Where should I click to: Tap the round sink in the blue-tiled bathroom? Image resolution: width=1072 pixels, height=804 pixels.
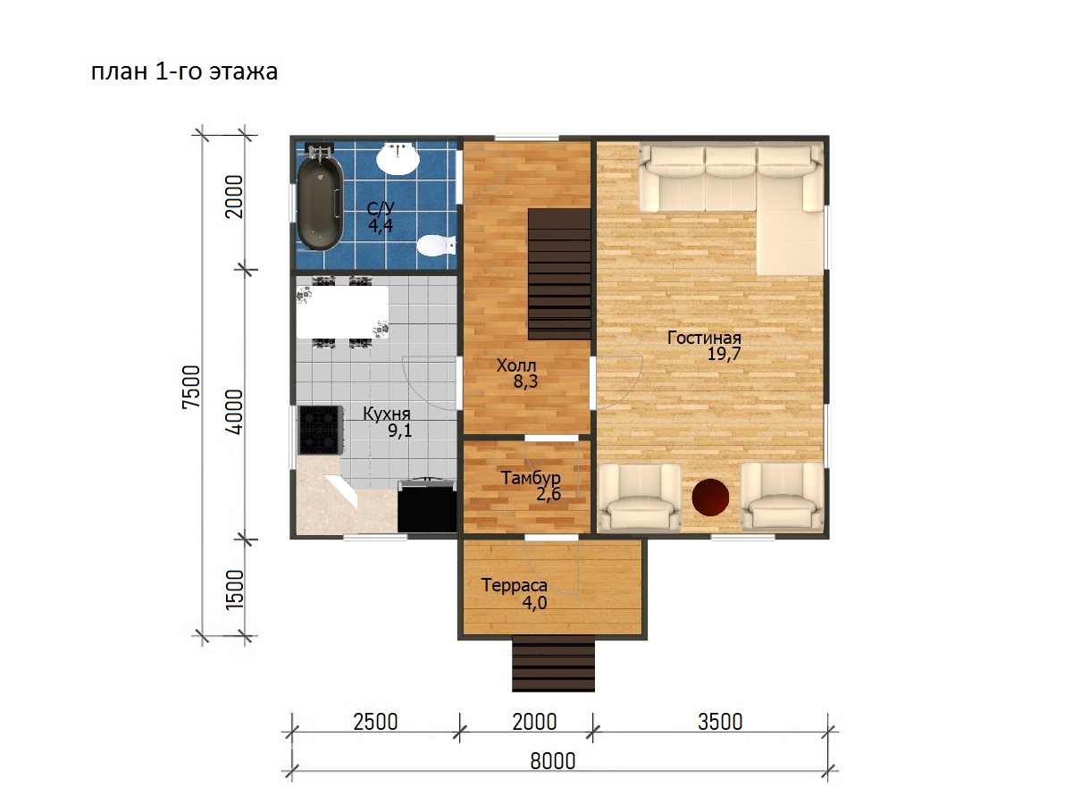coord(398,159)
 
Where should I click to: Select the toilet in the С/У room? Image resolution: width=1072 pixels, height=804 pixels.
coord(436,246)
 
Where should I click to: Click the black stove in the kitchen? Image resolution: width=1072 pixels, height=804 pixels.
coord(320,430)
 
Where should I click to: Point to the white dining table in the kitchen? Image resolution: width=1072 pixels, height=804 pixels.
coord(342,313)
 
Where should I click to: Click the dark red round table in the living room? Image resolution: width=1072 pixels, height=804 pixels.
coord(710,498)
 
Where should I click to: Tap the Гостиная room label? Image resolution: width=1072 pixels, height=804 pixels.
coord(704,338)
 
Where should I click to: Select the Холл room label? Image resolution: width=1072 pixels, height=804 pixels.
coord(516,365)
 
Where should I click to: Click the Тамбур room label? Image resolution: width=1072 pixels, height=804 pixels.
coord(531,478)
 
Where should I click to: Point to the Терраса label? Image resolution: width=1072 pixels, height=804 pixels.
coord(515,585)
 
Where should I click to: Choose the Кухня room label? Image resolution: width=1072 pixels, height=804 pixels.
coord(386,414)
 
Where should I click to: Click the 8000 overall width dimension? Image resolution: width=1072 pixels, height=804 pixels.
coord(553,761)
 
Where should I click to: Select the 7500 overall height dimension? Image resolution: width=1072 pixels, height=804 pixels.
coord(191,387)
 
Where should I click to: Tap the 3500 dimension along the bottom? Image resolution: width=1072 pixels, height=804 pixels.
coord(720,722)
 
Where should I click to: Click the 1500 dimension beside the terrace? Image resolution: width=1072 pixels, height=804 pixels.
coord(234,589)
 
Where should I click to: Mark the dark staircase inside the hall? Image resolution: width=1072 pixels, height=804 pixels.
coord(560,274)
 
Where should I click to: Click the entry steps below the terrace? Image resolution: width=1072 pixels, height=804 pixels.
coord(553,666)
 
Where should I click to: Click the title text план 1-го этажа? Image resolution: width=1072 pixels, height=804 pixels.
coord(184,71)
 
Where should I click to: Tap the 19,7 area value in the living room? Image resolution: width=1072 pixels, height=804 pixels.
coord(724,354)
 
